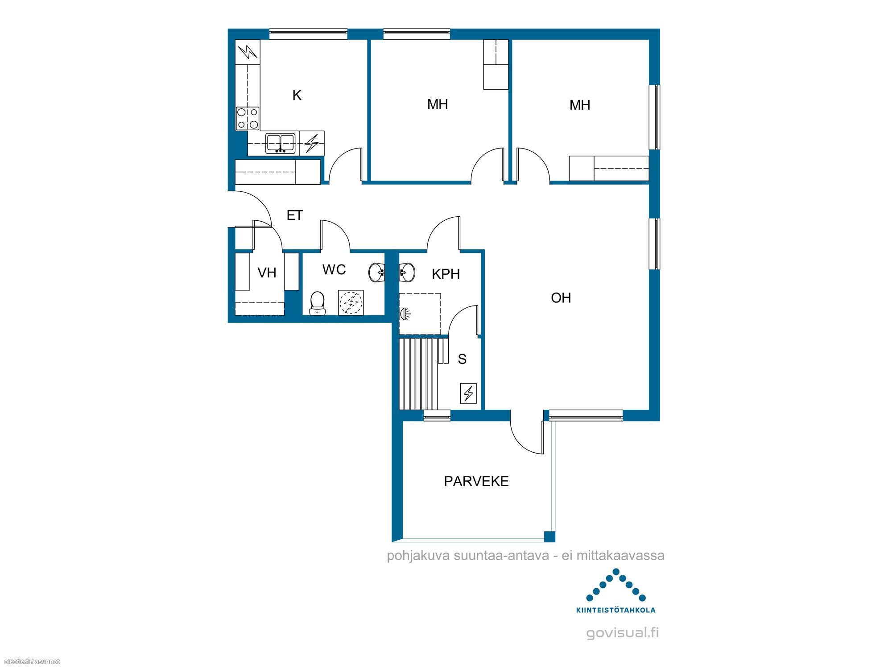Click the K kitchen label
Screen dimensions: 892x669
(297, 95)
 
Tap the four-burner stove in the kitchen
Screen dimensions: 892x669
(248, 118)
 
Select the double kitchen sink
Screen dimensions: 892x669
(281, 143)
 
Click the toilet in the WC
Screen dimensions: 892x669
(317, 303)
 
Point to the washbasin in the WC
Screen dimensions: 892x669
(377, 273)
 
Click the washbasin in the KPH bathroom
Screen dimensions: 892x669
(407, 273)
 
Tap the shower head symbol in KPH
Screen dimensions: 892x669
(405, 314)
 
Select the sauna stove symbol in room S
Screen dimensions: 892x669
(468, 393)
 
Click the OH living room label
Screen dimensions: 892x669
(561, 298)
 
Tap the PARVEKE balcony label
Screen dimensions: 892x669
(476, 481)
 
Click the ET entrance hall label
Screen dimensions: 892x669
(294, 215)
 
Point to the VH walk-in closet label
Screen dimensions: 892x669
(267, 273)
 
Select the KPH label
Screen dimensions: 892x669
(446, 274)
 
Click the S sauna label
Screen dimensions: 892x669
(462, 359)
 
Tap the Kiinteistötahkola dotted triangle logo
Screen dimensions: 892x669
(616, 585)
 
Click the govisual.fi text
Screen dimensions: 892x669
(622, 633)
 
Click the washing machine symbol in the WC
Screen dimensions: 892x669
(351, 303)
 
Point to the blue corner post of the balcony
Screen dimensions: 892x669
(549, 537)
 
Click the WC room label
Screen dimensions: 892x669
(334, 269)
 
